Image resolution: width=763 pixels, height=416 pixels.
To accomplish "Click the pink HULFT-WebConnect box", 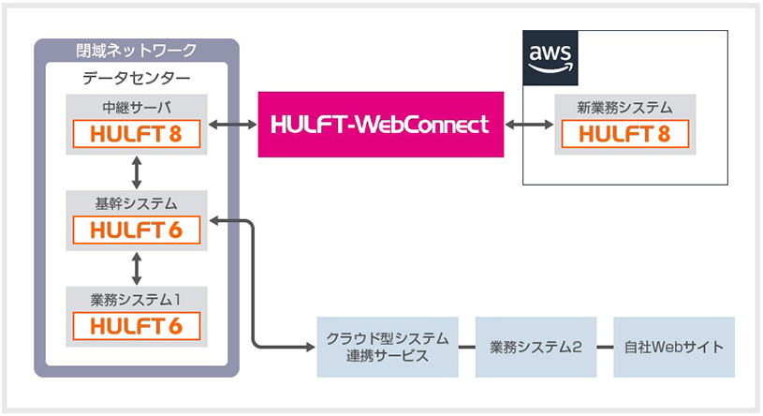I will click(380, 124).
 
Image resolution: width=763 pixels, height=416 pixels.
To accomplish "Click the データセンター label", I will click(137, 78).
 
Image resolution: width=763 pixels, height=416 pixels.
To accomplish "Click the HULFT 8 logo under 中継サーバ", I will click(138, 134).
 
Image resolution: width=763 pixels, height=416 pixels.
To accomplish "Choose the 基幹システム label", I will click(137, 201).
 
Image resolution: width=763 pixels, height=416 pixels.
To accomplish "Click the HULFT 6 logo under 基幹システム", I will click(138, 230).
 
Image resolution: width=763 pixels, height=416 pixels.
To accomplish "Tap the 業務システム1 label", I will click(137, 300).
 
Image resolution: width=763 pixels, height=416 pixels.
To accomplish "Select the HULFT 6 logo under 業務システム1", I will click(138, 326).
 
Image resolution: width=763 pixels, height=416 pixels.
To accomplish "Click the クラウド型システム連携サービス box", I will click(388, 347).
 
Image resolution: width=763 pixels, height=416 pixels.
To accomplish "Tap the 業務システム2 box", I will click(536, 347).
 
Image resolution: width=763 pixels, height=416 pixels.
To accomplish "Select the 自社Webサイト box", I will click(674, 347).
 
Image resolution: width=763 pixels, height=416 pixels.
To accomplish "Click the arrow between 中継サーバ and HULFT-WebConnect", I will click(234, 124).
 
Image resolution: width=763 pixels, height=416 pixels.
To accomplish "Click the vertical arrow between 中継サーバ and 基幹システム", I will click(138, 172).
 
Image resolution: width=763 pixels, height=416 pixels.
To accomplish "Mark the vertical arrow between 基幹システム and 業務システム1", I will click(138, 268).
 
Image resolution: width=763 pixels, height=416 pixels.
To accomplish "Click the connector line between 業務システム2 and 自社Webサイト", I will click(606, 347).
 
